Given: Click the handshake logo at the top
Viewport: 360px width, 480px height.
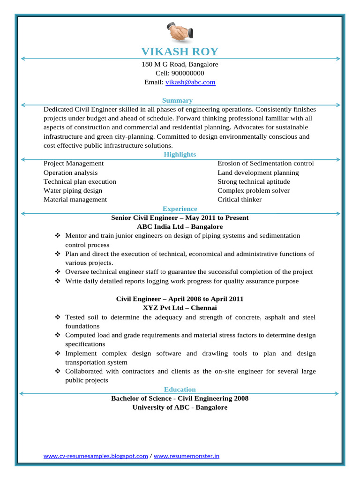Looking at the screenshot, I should click(x=180, y=32).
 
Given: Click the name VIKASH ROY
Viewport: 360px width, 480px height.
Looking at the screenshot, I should click(x=180, y=52).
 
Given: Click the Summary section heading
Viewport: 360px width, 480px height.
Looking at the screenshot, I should click(x=177, y=100).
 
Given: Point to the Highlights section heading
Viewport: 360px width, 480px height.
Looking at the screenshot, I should click(x=180, y=154).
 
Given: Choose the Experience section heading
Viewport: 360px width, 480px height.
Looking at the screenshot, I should click(x=180, y=209).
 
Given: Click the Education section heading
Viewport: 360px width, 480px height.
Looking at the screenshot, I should click(x=180, y=390).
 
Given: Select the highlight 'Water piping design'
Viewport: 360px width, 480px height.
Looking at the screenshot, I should click(x=73, y=191).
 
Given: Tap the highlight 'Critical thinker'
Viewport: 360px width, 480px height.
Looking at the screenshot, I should click(x=239, y=200).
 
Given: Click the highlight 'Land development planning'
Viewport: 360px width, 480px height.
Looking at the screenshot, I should click(x=258, y=172).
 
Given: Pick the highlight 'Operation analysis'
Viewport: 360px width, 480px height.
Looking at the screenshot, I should click(x=71, y=172).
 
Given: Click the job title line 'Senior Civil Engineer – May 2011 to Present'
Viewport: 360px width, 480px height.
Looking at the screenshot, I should click(x=180, y=218).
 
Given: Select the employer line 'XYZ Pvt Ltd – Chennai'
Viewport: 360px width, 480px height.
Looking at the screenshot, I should click(x=180, y=308).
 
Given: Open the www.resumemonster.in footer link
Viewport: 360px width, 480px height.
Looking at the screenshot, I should click(x=186, y=456).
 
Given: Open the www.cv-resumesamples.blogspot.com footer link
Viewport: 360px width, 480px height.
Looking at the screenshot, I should click(x=96, y=456).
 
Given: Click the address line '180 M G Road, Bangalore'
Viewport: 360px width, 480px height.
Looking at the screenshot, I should click(x=180, y=64).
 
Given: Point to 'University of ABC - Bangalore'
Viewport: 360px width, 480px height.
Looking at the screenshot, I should click(x=180, y=407).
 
